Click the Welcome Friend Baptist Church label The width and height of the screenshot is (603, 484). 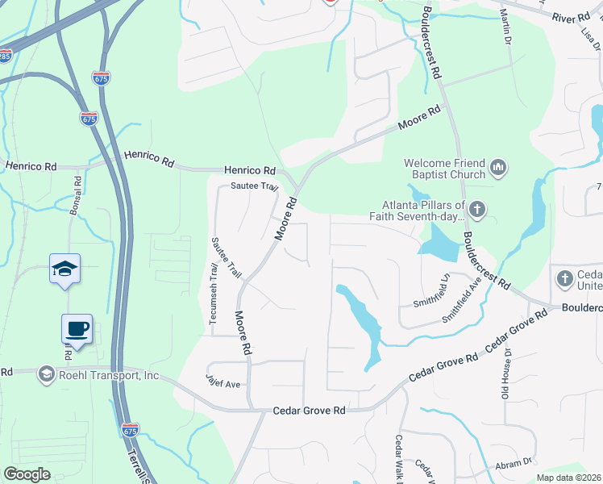pyautogui.click(x=445, y=168)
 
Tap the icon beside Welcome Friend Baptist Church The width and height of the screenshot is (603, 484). pyautogui.click(x=498, y=168)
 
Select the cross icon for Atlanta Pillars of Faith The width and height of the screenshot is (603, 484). pyautogui.click(x=477, y=211)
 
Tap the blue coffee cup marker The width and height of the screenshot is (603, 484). pyautogui.click(x=77, y=329)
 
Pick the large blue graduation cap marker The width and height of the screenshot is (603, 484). pyautogui.click(x=65, y=269)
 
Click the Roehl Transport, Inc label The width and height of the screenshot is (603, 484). pyautogui.click(x=107, y=374)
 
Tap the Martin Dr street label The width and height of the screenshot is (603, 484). pyautogui.click(x=505, y=26)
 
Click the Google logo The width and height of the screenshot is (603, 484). pyautogui.click(x=27, y=474)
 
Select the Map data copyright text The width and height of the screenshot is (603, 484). pyautogui.click(x=568, y=478)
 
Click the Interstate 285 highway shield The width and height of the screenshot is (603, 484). pyautogui.click(x=5, y=57)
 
